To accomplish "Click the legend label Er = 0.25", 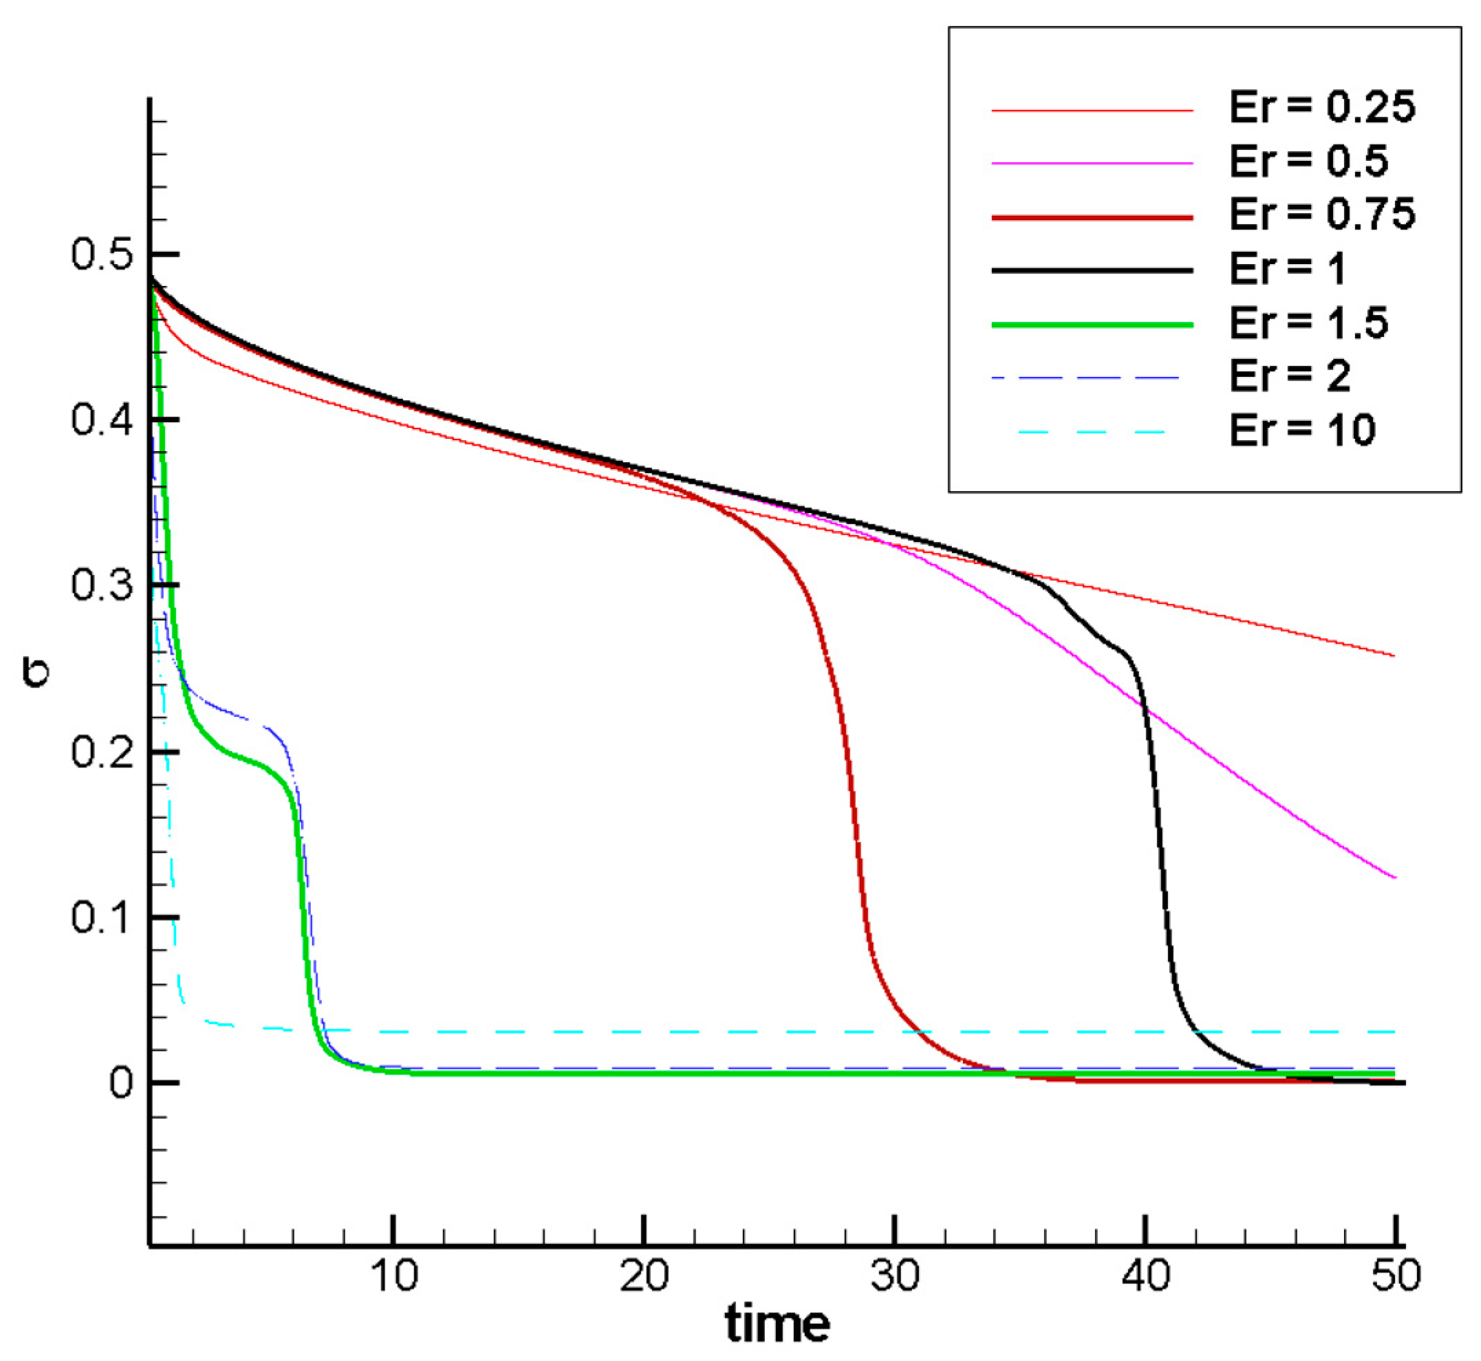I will [1321, 107].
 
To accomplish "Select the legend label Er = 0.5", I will [1308, 162].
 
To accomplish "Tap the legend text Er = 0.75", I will [1321, 215].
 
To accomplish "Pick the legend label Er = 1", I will [1287, 269].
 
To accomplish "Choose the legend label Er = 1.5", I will [1308, 323].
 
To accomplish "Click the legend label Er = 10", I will [1301, 430].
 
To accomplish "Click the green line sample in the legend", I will [1092, 325].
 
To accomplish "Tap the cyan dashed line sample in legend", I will [1092, 432].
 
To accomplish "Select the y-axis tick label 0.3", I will [102, 585].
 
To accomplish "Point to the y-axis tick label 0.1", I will [102, 917].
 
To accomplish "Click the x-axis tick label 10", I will [394, 1276].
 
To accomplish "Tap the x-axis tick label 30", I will [894, 1276].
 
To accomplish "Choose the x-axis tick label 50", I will [1395, 1276].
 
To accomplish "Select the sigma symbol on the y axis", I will [35, 673].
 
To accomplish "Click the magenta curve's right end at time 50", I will [1394, 877].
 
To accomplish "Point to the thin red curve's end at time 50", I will [1394, 655].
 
